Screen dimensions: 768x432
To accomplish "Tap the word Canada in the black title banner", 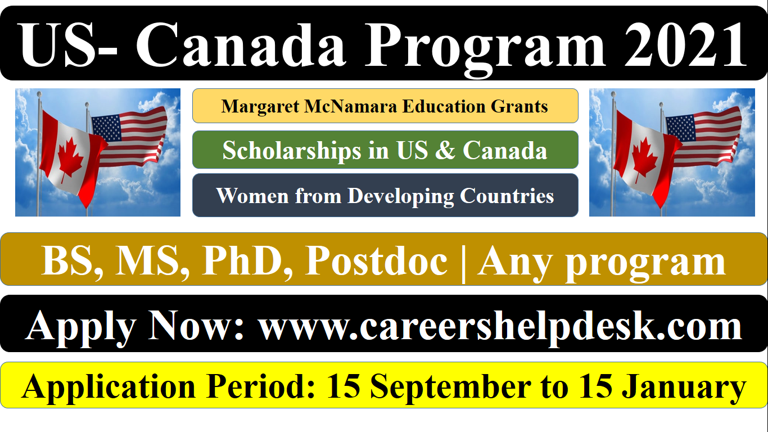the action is point(241,45).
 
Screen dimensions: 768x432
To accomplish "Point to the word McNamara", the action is point(351,106).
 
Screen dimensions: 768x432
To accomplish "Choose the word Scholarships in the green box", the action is point(292,151).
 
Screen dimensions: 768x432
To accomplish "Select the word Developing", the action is point(401,197).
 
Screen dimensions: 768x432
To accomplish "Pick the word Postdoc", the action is point(376,261).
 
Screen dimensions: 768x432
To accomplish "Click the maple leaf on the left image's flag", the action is point(71,160).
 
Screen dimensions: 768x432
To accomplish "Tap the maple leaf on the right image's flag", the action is point(644,160).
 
